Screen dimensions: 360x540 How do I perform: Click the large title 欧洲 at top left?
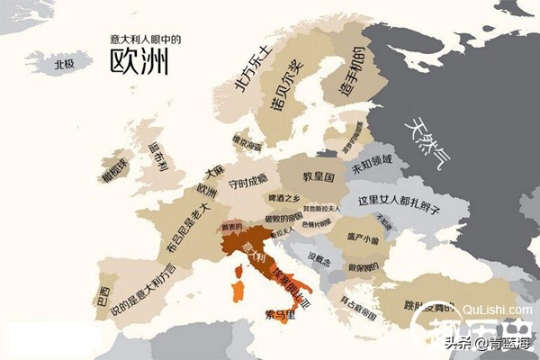pos(140,60)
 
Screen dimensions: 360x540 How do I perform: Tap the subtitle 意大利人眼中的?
pos(145,39)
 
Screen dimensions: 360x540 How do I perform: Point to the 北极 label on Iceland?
pos(63,64)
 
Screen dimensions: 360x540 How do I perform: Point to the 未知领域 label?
pos(373,166)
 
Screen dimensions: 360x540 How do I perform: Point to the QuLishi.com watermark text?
pos(505,311)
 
